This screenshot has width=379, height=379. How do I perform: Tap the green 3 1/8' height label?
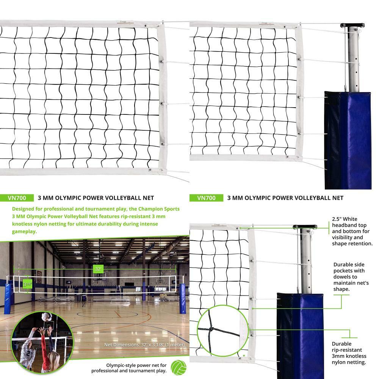click(x=27, y=284)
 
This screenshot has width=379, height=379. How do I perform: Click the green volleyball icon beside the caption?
click(x=178, y=367)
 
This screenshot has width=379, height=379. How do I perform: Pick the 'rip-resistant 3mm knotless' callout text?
click(x=349, y=356)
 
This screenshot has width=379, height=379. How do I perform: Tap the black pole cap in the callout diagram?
click(x=305, y=227)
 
